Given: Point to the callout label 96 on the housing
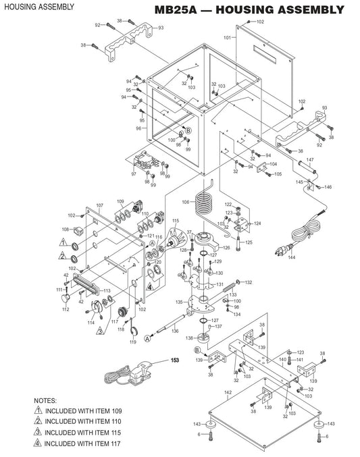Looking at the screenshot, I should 138,128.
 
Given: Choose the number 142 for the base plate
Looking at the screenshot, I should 228,392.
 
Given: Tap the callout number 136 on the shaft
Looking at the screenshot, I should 175,331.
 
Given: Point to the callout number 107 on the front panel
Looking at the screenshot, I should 99,205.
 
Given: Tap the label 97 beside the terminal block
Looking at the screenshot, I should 133,174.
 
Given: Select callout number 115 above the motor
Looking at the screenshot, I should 176,221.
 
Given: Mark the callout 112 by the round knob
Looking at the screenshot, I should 66,310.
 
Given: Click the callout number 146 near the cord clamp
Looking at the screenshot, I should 329,187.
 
